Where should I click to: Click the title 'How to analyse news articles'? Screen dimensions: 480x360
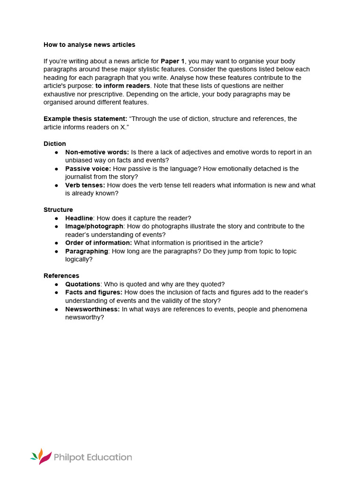coord(89,45)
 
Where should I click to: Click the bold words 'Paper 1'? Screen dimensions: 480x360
coord(172,61)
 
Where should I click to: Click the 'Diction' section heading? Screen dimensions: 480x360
coord(55,143)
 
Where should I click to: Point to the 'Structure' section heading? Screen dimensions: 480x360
coord(58,210)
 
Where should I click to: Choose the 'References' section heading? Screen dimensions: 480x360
coord(61,276)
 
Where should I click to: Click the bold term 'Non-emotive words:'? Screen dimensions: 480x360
coord(97,152)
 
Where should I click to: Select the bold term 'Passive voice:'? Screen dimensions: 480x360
coord(88,169)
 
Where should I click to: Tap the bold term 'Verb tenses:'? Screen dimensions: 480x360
coord(85,185)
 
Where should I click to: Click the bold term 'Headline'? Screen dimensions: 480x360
coord(79,218)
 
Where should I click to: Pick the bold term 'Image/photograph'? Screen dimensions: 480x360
coord(94,226)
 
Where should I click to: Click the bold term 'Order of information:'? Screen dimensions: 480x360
coord(98,243)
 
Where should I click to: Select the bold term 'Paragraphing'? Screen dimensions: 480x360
coord(87,251)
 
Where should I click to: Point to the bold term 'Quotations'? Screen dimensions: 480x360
coord(82,284)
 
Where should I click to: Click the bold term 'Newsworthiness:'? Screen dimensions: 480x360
coord(92,309)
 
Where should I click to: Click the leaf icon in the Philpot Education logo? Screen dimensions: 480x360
coord(41,457)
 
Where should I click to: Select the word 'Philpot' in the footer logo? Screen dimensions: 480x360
coord(70,457)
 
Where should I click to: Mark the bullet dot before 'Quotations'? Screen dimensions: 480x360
coord(56,285)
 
